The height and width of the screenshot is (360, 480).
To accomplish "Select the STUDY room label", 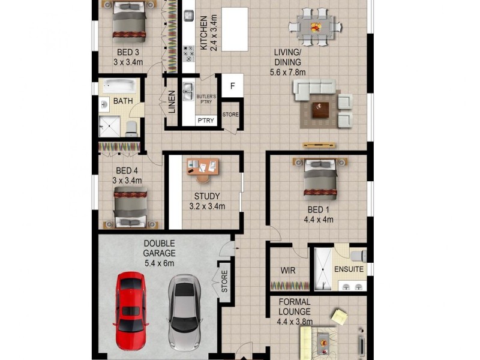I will coord(206,196).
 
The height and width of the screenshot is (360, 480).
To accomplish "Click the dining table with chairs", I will coord(315,26).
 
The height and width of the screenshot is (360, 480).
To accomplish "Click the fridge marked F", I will coord(232,85).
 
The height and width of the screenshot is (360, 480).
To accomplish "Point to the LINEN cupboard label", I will coord(172,102).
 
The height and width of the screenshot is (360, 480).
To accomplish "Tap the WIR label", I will coord(287,269).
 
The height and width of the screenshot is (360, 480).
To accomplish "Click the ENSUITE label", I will coord(349,269).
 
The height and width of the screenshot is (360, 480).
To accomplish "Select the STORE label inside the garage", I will coord(225,281).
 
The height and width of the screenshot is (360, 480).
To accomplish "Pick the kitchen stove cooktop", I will coord(188,53).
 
